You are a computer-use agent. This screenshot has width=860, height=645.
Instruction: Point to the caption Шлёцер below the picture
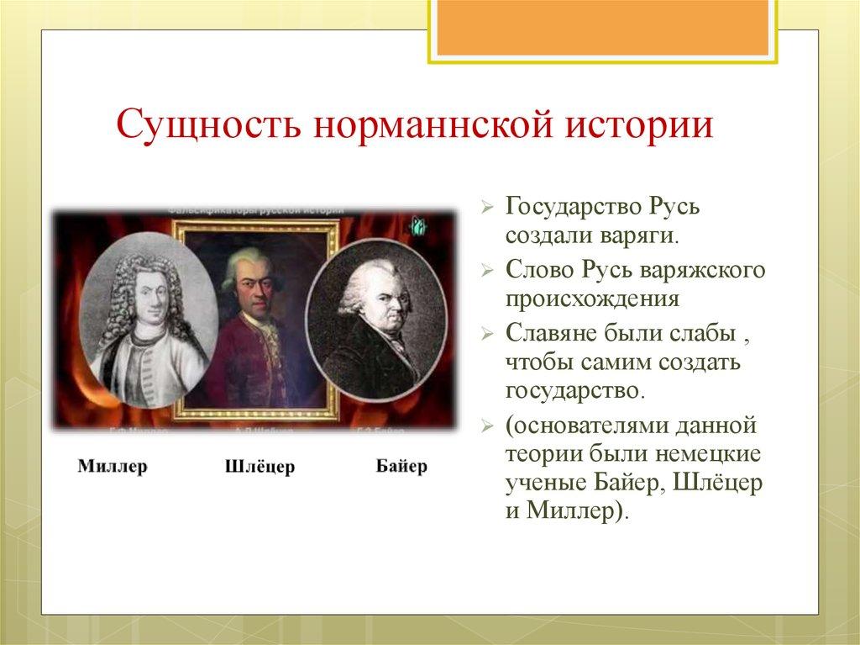pyautogui.click(x=260, y=467)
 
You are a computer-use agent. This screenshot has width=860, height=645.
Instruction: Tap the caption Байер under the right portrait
pyautogui.click(x=401, y=465)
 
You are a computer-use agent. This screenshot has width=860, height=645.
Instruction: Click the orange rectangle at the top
pyautogui.click(x=601, y=25)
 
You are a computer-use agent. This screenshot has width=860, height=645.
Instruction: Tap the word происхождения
pyautogui.click(x=591, y=299)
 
